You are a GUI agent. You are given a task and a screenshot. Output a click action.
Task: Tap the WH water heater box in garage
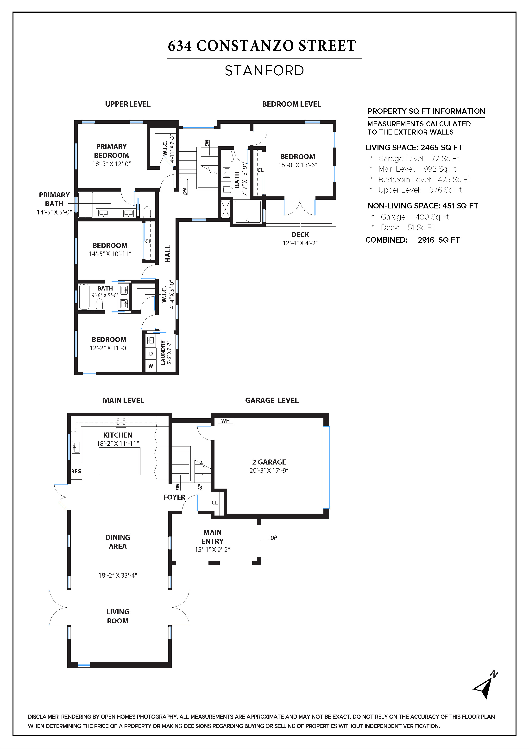coord(225,421)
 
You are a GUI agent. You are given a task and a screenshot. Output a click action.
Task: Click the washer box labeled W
coord(151,366)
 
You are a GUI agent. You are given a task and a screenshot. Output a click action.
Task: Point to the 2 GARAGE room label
coord(269,462)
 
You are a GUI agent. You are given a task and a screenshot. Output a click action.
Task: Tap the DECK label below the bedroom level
coord(300,235)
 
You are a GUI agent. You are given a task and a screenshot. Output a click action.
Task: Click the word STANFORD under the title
coord(264,71)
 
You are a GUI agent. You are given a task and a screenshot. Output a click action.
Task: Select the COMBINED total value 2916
coord(426,240)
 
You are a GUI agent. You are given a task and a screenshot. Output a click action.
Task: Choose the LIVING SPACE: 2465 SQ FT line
coord(414,148)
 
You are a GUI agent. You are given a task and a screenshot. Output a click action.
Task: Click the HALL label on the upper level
coord(168,254)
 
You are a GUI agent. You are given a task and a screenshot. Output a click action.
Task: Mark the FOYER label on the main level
coord(174,497)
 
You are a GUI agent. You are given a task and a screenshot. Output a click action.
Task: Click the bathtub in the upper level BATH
coord(84,297)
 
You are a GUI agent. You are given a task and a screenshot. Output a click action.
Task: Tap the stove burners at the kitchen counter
coord(121,421)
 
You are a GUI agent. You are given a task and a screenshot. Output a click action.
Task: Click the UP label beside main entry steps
coord(273,538)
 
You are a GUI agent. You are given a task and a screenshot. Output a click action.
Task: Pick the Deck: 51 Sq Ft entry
coord(407,227)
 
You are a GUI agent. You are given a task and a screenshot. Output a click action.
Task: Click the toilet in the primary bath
coord(147,212)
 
